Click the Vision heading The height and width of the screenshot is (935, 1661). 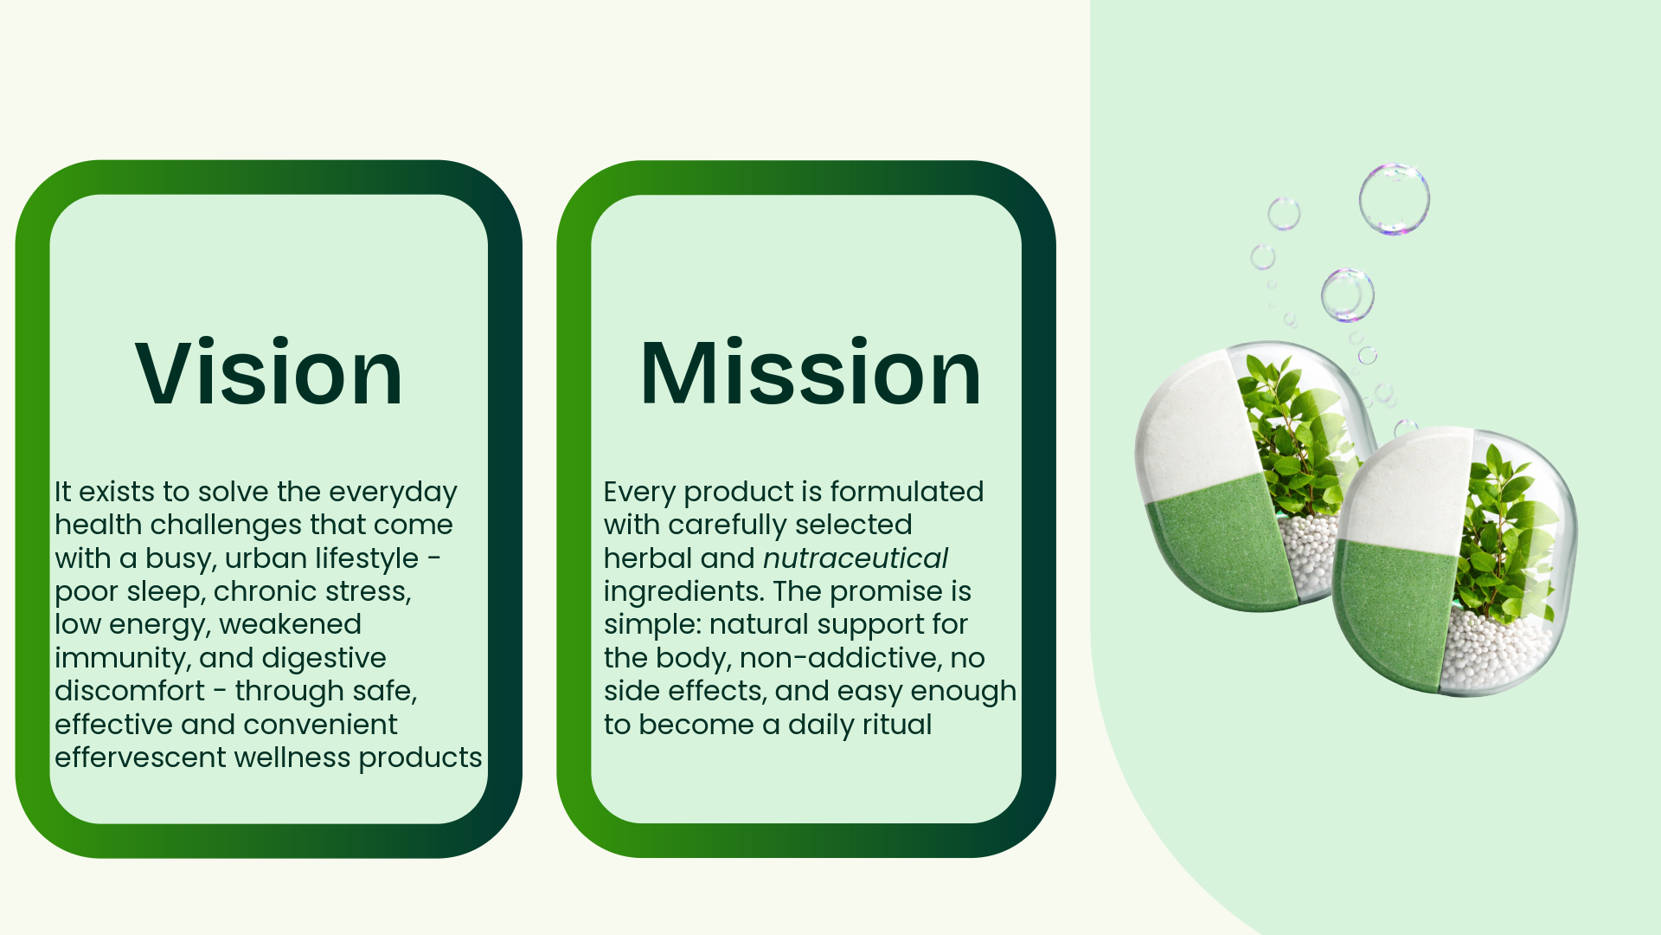(x=269, y=373)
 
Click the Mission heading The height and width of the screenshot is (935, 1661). (x=811, y=373)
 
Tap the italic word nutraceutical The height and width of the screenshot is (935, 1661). (x=856, y=558)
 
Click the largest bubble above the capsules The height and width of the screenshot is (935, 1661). (x=1394, y=199)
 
